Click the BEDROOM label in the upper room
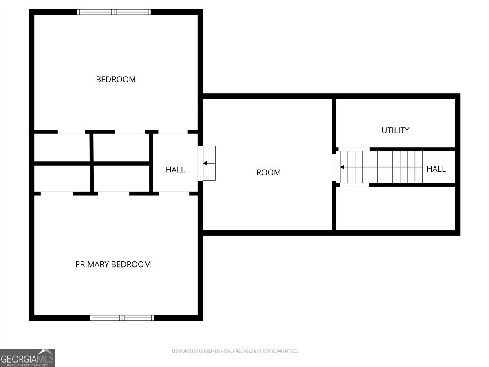click(116, 79)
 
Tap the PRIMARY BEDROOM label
click(113, 264)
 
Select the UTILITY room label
click(395, 130)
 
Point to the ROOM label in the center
click(268, 172)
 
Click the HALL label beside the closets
click(175, 170)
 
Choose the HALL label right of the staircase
click(436, 169)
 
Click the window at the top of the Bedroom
click(114, 12)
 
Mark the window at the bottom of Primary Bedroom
click(122, 317)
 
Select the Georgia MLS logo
click(27, 358)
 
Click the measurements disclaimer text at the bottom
click(235, 351)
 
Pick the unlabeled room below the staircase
click(394, 208)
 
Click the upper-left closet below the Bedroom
click(62, 147)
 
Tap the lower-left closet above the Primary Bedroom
click(62, 178)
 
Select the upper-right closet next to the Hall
click(121, 147)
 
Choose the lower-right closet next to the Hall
click(121, 178)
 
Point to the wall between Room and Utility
click(334, 122)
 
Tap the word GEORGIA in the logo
click(19, 359)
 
